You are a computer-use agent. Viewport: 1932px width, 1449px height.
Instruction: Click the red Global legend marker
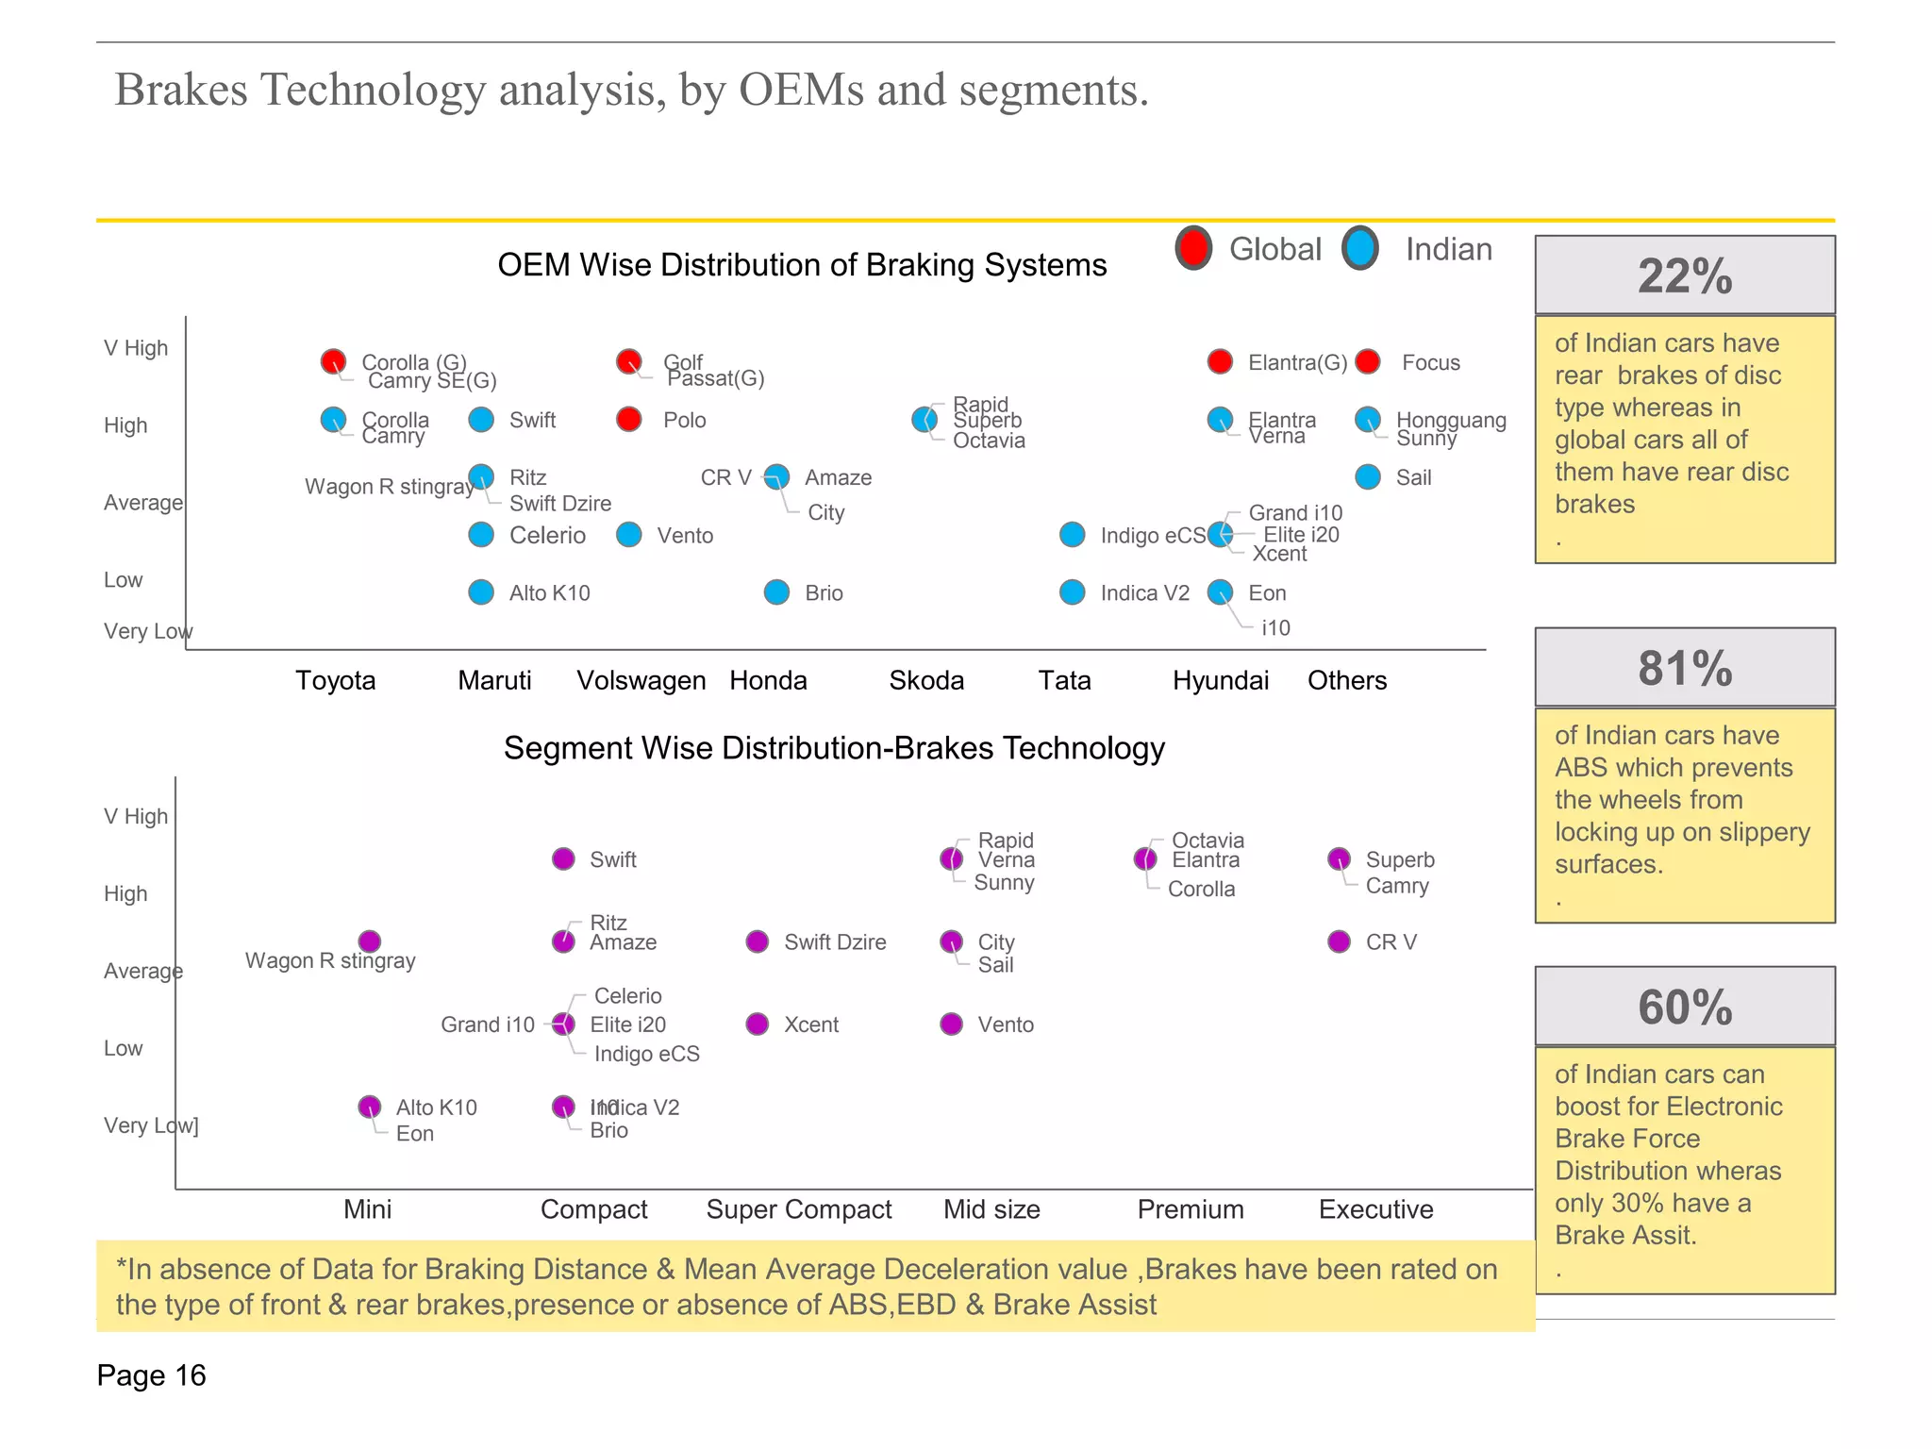[1193, 248]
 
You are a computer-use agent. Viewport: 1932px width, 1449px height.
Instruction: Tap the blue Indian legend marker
[1360, 248]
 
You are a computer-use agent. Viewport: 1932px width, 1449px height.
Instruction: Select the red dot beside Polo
[629, 419]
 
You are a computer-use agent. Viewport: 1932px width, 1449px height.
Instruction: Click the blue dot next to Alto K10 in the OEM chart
[481, 592]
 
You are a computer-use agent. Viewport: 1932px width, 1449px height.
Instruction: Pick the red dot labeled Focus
[1368, 361]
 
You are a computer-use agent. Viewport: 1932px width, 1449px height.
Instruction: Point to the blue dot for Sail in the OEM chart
[1368, 477]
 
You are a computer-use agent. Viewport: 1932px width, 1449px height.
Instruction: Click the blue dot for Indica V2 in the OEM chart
[1073, 592]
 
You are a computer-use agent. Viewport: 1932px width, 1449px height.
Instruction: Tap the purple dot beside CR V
[1339, 941]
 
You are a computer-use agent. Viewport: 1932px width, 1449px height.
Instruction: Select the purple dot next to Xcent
[758, 1024]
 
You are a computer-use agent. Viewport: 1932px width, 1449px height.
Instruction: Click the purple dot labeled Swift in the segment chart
[563, 859]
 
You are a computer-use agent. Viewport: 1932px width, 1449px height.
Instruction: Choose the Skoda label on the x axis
[926, 680]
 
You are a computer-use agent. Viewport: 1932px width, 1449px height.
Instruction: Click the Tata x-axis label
[1064, 680]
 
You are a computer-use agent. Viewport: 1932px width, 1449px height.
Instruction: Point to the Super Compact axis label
[799, 1209]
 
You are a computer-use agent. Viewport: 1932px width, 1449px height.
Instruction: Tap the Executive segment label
[1375, 1209]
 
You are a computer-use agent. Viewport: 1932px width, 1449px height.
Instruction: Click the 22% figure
[1685, 276]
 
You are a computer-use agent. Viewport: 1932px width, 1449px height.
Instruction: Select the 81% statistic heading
[1685, 668]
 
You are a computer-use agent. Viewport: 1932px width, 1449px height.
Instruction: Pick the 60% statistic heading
[1685, 1007]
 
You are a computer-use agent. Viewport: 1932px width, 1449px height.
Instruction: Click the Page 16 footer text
[151, 1375]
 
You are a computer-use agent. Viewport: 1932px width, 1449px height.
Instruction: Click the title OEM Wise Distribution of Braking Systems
[802, 265]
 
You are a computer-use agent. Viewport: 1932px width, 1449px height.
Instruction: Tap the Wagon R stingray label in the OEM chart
[389, 487]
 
